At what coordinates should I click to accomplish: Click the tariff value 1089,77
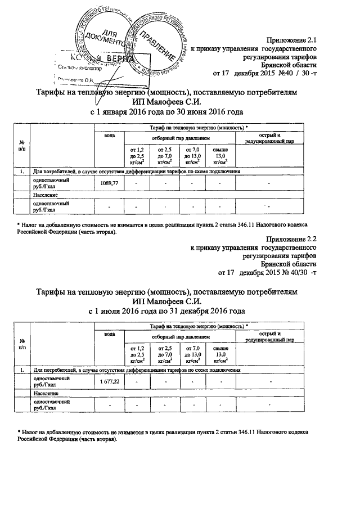(110, 183)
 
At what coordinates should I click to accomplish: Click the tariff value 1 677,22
(110, 382)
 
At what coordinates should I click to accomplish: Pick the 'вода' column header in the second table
(110, 335)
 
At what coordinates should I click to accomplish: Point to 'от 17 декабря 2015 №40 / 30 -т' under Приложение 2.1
(264, 73)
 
